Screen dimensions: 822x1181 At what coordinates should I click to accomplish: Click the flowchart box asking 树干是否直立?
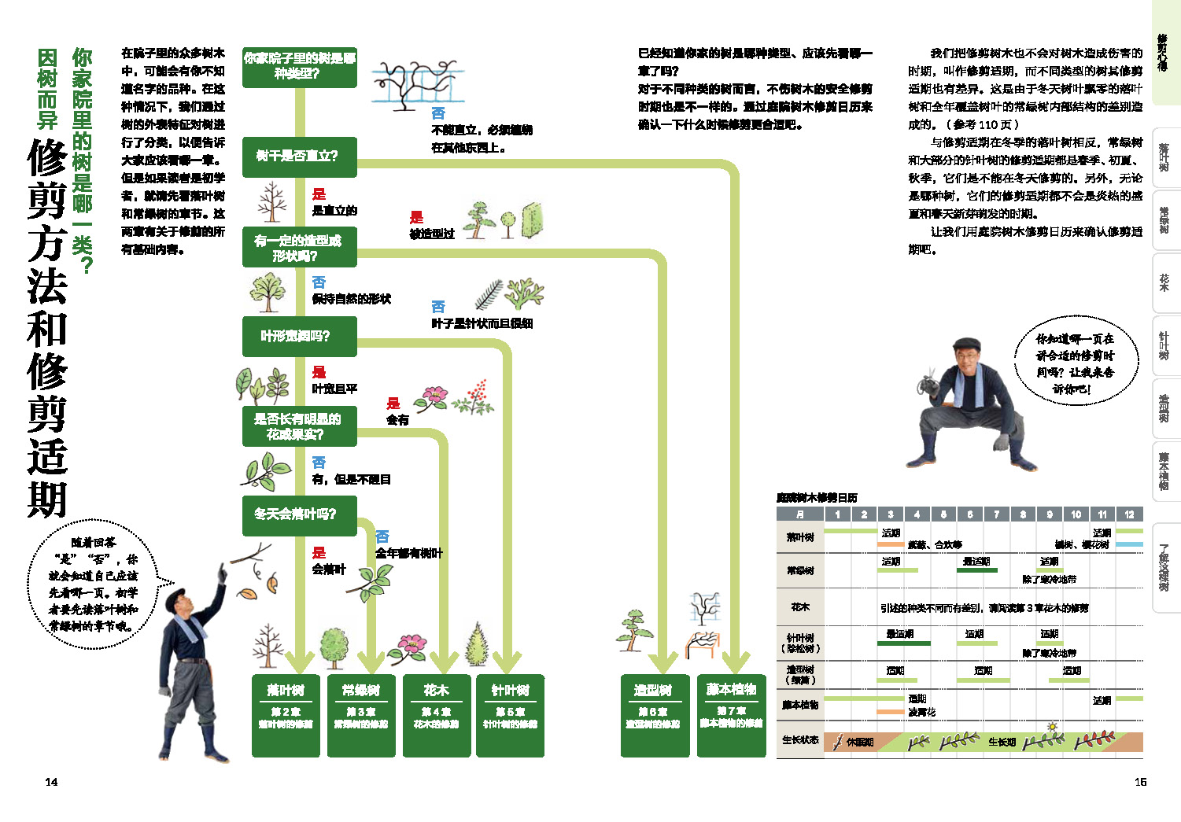(x=299, y=157)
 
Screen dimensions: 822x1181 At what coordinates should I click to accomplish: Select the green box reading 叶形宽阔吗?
(x=299, y=337)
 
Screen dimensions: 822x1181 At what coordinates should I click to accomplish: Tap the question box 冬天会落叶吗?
(x=299, y=514)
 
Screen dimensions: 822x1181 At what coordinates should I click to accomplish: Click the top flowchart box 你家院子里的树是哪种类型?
(x=299, y=66)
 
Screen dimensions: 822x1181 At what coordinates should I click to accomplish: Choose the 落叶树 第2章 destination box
(x=286, y=715)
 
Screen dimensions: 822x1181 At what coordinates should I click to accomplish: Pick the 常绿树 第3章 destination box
(x=361, y=715)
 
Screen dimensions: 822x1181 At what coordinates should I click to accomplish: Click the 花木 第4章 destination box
(x=436, y=715)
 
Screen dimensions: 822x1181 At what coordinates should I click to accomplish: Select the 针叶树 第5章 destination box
(x=510, y=715)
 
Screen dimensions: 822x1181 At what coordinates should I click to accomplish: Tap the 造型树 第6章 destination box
(x=655, y=715)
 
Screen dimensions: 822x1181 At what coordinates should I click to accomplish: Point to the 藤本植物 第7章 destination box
(x=731, y=715)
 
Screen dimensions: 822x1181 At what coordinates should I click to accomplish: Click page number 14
(x=51, y=782)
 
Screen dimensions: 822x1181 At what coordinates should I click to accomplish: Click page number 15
(x=1140, y=782)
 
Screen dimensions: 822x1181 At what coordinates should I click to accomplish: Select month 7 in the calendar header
(x=996, y=514)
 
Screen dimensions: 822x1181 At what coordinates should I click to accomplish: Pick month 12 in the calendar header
(x=1129, y=514)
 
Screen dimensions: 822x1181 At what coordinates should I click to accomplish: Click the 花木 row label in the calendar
(x=800, y=607)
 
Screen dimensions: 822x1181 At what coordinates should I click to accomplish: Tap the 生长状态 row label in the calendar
(x=800, y=741)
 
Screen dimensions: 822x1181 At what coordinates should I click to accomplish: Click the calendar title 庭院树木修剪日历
(x=817, y=498)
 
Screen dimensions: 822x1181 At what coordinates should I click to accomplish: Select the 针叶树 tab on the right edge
(x=1164, y=346)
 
